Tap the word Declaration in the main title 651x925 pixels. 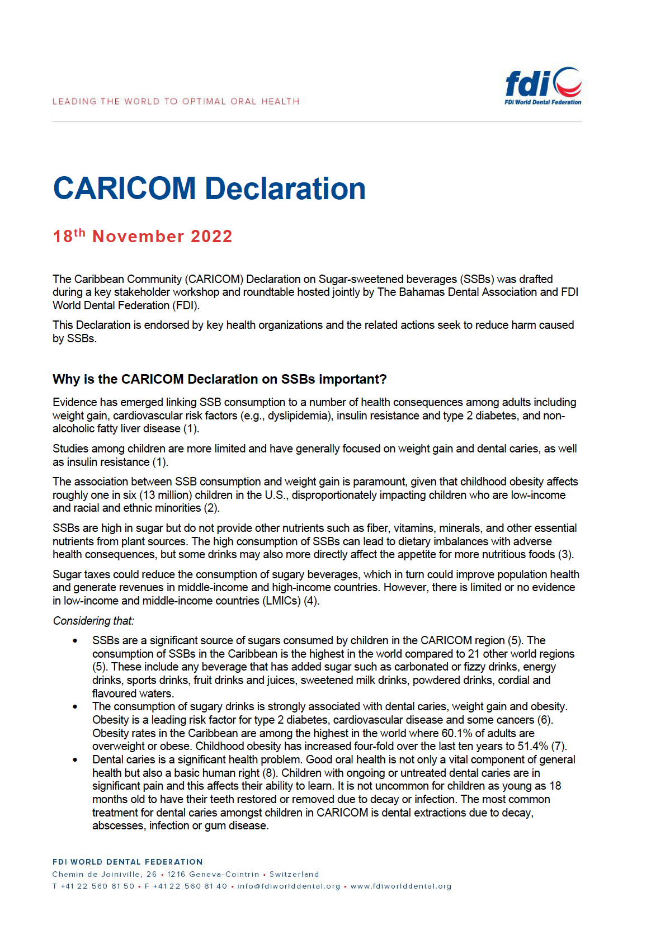pos(285,188)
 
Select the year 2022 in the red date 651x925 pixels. pos(211,237)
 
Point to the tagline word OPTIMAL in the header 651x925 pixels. pos(204,101)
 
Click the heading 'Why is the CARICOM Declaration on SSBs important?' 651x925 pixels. pos(219,379)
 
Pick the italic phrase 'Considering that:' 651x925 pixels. pos(93,621)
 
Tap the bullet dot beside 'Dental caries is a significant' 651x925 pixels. pos(74,760)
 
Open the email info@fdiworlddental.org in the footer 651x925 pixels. pos(289,886)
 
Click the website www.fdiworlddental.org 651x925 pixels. pos(400,886)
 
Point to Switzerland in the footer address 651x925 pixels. pos(294,874)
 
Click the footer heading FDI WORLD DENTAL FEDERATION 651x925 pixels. pos(128,862)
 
